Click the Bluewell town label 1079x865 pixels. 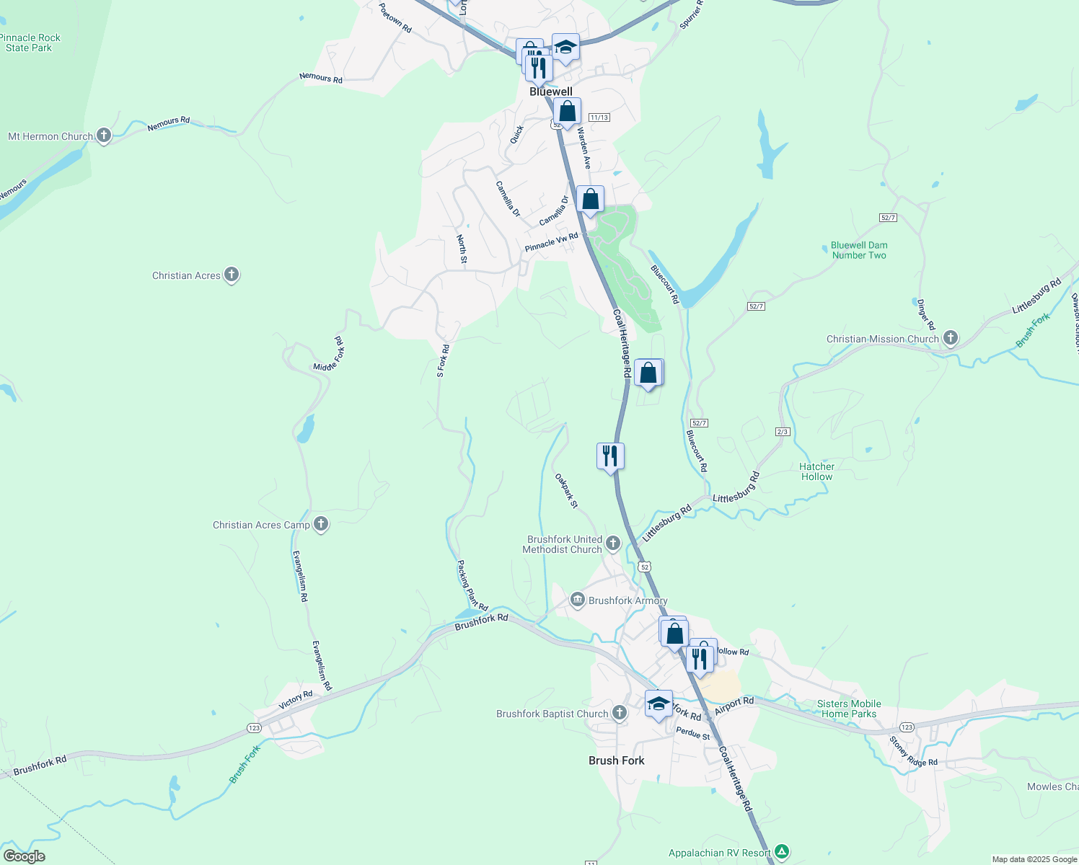pyautogui.click(x=551, y=92)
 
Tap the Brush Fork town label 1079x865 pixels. pyautogui.click(x=616, y=760)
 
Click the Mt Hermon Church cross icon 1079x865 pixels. pyautogui.click(x=104, y=136)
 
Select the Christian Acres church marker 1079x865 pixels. pyautogui.click(x=232, y=275)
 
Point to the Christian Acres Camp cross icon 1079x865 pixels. pyautogui.click(x=321, y=524)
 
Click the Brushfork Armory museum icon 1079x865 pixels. pyautogui.click(x=577, y=600)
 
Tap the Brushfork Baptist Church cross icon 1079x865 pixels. pyautogui.click(x=619, y=713)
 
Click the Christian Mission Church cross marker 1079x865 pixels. pyautogui.click(x=951, y=338)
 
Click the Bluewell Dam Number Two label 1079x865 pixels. pyautogui.click(x=858, y=250)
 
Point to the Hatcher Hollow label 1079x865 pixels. pyautogui.click(x=816, y=471)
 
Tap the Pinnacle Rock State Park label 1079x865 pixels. pyautogui.click(x=30, y=43)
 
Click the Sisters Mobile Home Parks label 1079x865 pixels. pyautogui.click(x=849, y=709)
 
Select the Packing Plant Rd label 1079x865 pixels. pyautogui.click(x=472, y=585)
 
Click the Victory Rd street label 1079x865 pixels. pyautogui.click(x=296, y=698)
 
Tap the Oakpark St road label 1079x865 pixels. pyautogui.click(x=566, y=491)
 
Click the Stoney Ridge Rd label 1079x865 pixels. pyautogui.click(x=913, y=752)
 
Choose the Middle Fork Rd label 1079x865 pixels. pyautogui.click(x=330, y=354)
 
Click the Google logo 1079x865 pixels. pyautogui.click(x=25, y=856)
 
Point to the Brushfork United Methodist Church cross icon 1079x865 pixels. pyautogui.click(x=613, y=544)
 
